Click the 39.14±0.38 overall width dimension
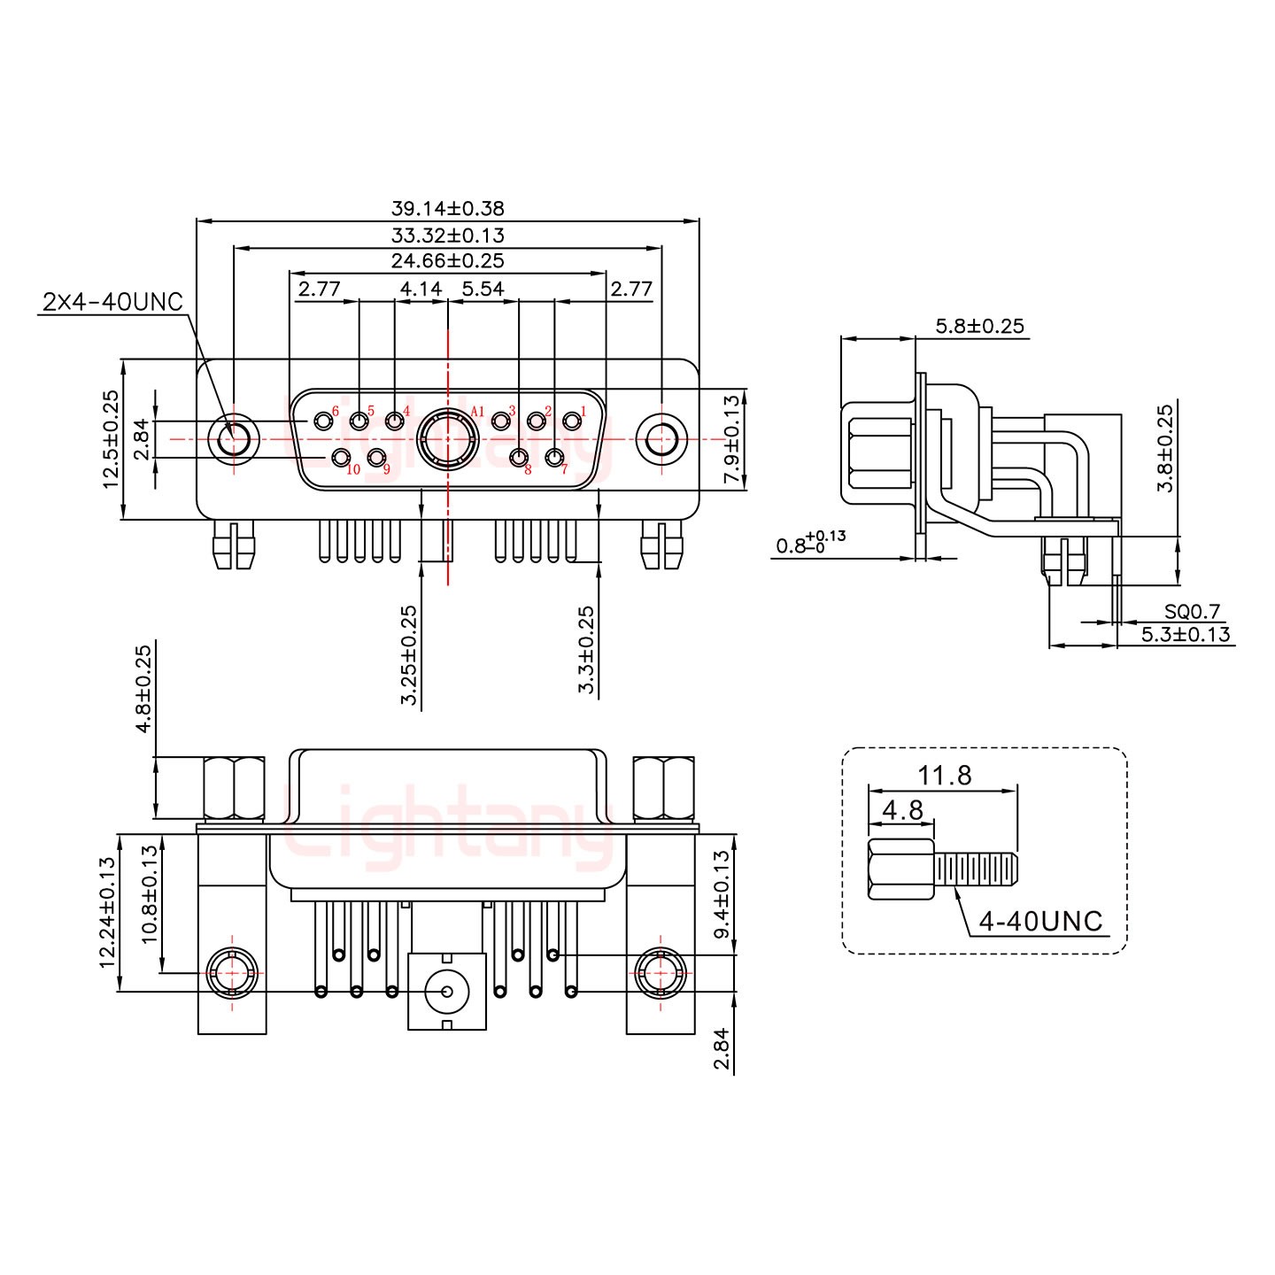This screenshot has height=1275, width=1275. (447, 208)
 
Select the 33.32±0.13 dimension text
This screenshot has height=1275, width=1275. (447, 235)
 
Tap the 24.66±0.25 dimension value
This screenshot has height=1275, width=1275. (447, 260)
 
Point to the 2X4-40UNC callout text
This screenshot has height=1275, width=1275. (112, 302)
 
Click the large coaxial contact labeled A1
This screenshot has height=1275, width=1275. (448, 438)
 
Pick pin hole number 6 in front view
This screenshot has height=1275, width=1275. (323, 421)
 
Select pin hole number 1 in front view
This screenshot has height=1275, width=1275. (572, 421)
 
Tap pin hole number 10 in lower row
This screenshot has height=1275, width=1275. (341, 457)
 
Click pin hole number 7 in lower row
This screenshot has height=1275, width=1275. (554, 457)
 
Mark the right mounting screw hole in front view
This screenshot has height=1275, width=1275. (661, 438)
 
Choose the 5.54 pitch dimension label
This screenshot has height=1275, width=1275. (483, 290)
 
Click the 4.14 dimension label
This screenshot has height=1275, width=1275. (421, 290)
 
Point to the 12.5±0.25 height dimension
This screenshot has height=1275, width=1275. (111, 439)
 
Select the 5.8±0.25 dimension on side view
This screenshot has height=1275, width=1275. (980, 326)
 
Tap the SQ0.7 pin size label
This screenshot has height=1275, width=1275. (1192, 611)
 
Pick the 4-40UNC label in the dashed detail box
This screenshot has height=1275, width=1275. (1040, 921)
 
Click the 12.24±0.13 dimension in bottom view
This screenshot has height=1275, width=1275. (108, 912)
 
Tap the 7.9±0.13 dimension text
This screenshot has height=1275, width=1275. (731, 439)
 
